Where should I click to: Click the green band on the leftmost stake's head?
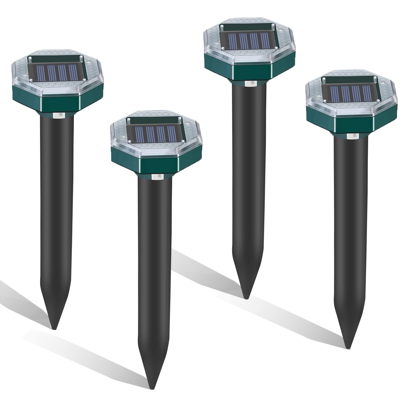[x=59, y=103]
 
